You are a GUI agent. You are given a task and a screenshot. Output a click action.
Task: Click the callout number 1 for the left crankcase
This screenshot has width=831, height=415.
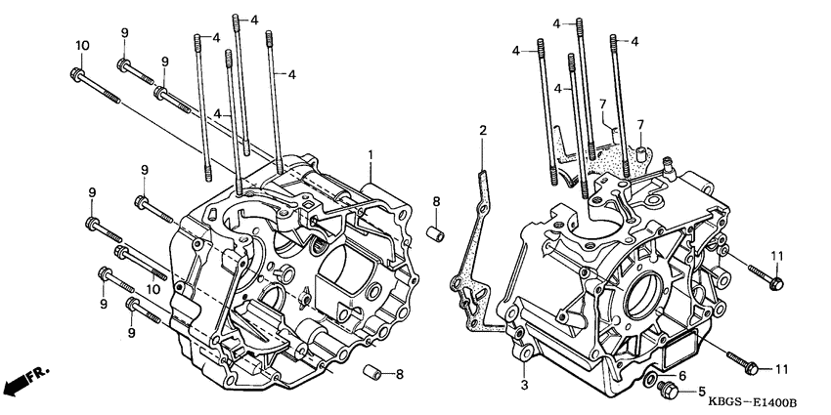372,155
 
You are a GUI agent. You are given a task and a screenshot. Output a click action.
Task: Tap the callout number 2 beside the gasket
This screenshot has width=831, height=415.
482,130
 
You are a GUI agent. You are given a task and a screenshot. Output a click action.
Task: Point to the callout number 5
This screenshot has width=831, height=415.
700,394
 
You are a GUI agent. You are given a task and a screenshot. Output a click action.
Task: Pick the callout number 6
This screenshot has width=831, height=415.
681,374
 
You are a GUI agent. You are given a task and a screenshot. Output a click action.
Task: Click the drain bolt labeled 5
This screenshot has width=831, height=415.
670,390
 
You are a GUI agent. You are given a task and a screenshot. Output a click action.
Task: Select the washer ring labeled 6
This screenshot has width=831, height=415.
653,376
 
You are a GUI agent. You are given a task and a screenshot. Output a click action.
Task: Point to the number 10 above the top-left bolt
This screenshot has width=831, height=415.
82,46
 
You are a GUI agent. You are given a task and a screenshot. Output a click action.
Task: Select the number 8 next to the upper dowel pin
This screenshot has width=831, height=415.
437,202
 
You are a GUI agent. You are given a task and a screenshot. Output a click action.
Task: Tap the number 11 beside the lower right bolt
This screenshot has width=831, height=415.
781,367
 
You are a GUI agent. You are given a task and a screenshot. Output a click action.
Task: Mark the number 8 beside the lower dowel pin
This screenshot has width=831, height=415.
399,373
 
